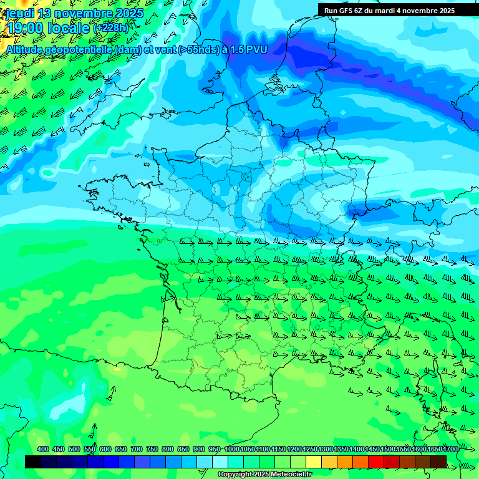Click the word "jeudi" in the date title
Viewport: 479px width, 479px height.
21,13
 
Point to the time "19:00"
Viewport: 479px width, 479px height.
25,27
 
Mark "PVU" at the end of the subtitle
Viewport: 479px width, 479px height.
256,49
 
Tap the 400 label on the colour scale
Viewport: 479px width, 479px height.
43,450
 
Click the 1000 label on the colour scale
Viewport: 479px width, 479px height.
231,450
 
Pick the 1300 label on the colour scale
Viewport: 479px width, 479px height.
325,450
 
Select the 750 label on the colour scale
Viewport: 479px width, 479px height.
152,450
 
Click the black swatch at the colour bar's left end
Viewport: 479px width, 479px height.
33,462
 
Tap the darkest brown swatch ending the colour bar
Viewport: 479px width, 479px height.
438,462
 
